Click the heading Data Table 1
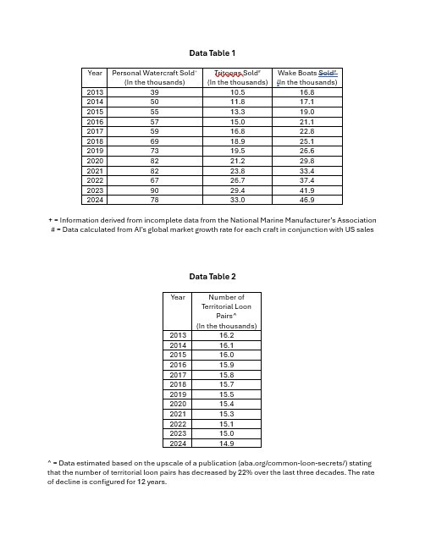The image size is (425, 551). [212, 52]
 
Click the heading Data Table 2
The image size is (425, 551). [212, 277]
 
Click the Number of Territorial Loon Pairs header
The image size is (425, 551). [226, 311]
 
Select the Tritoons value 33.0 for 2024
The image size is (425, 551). [238, 201]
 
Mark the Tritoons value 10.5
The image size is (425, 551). [238, 91]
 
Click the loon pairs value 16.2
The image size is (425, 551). [226, 335]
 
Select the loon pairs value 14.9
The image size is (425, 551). [226, 443]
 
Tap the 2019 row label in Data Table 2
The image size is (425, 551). [178, 394]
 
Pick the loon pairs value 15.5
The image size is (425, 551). [226, 394]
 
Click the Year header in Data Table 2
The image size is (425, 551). [178, 297]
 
